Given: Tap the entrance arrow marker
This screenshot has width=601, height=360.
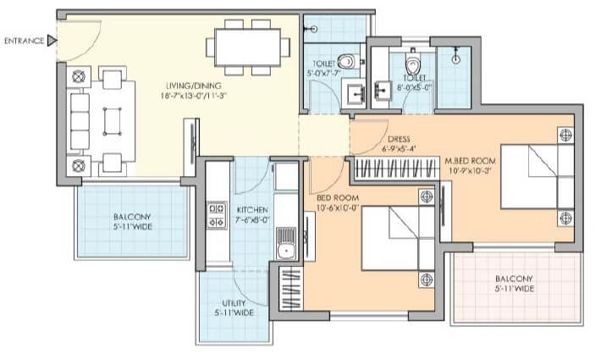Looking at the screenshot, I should [x=52, y=40].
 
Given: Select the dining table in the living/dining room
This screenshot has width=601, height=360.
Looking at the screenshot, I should [x=248, y=47].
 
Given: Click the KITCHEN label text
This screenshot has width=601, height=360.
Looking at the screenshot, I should [x=252, y=209].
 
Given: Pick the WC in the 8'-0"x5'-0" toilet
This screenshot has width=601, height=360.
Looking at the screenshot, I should [x=412, y=64].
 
